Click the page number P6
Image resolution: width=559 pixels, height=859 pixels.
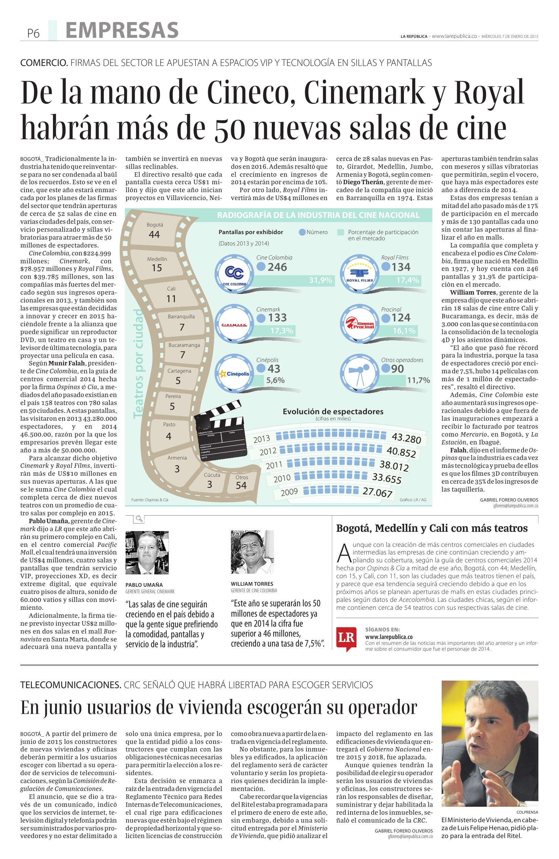(x=33, y=34)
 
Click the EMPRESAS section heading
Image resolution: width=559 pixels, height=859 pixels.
(x=122, y=30)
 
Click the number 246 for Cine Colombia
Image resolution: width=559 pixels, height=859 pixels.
(x=277, y=267)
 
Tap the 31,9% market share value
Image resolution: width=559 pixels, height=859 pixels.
(x=320, y=280)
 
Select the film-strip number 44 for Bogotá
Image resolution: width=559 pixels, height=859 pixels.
(x=154, y=234)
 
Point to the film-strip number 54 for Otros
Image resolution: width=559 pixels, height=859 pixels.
(x=241, y=485)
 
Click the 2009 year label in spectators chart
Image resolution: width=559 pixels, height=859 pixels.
(x=289, y=492)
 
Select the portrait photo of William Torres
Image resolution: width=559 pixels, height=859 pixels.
(x=252, y=552)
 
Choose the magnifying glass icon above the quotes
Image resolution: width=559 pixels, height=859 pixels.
(x=139, y=519)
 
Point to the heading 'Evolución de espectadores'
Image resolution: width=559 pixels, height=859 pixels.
(x=333, y=411)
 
